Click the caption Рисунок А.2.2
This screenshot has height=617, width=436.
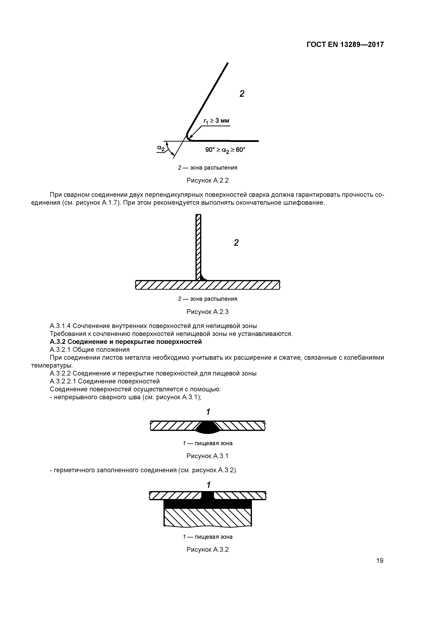tap(207, 181)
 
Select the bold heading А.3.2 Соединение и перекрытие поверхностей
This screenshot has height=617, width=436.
tap(126, 342)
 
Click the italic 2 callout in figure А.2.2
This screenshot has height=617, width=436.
tap(242, 94)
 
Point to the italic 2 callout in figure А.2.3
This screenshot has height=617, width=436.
tap(236, 243)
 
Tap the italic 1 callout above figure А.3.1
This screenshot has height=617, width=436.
tap(208, 412)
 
